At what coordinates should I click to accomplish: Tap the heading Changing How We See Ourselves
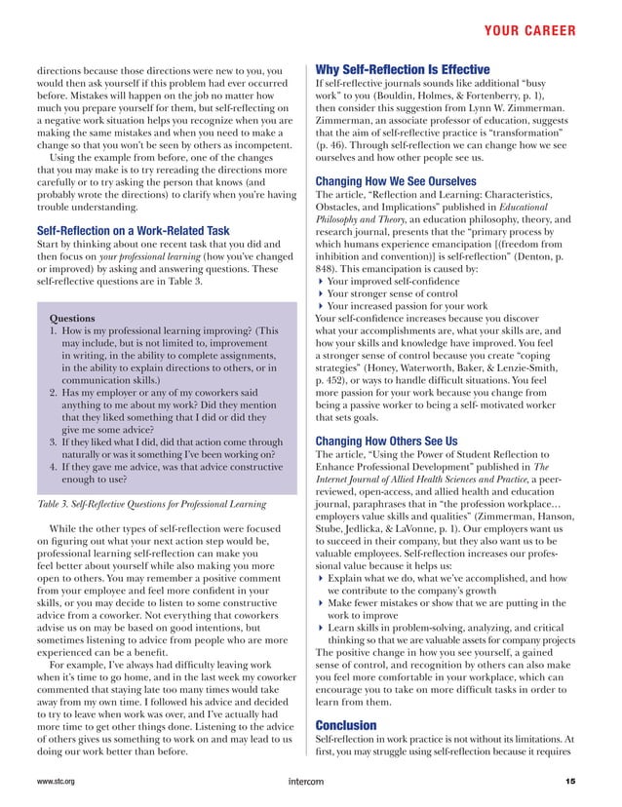coord(409,180)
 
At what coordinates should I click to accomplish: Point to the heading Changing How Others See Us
coord(401,442)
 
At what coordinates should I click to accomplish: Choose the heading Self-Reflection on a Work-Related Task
coord(133,231)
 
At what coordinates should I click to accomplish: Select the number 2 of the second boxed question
coord(55,392)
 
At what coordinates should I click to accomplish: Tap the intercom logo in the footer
coord(310,782)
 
